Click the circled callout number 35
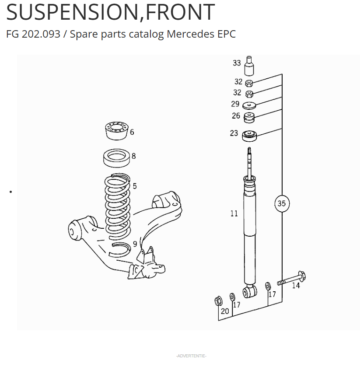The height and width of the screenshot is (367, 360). tap(282, 203)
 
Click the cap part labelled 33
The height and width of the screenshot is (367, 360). tap(249, 66)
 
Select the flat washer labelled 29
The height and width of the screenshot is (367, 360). tap(249, 105)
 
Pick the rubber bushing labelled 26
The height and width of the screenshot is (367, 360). tap(249, 118)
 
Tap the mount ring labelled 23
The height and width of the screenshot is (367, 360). tap(249, 136)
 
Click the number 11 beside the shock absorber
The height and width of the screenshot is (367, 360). tap(234, 213)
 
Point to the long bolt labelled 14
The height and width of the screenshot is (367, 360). tap(292, 278)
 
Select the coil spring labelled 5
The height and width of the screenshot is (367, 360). tap(118, 207)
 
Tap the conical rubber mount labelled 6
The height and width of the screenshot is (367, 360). tap(116, 131)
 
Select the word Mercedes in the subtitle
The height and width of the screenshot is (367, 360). tap(191, 34)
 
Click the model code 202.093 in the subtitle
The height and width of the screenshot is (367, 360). tap(41, 34)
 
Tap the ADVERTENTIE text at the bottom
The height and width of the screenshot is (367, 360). tap(191, 356)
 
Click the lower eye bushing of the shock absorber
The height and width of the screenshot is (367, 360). tap(249, 292)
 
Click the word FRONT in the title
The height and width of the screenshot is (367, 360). tap(180, 12)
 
